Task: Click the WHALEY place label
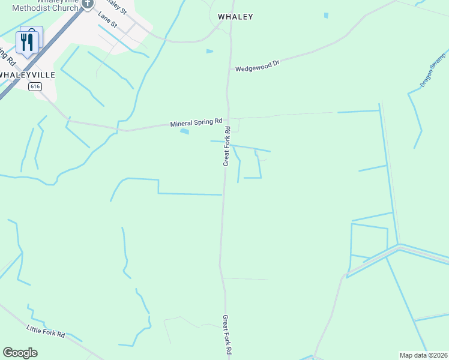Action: pyautogui.click(x=235, y=17)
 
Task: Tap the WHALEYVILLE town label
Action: pyautogui.click(x=28, y=75)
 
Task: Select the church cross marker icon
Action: pyautogui.click(x=88, y=4)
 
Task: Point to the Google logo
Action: pyautogui.click(x=20, y=353)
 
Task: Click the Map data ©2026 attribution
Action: pyautogui.click(x=423, y=355)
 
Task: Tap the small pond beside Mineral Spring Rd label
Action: pyautogui.click(x=184, y=131)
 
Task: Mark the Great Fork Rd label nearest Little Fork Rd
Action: pyautogui.click(x=227, y=335)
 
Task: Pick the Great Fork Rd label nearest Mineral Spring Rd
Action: pyautogui.click(x=227, y=146)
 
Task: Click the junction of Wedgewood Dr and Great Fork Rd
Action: pyautogui.click(x=228, y=71)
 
